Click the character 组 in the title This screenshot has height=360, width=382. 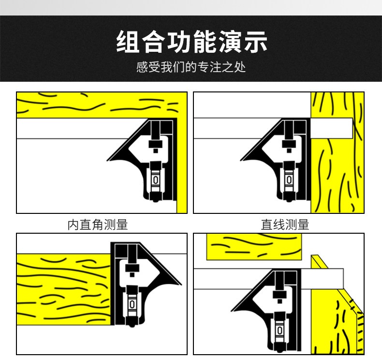point(128,42)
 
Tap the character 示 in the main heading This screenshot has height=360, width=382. point(255,42)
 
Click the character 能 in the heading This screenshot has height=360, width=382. point(204,42)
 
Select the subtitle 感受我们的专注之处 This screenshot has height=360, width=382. point(191,67)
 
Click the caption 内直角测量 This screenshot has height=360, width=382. point(98,225)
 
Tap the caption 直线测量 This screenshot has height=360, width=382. point(285,225)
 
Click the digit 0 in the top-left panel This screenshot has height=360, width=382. point(156,180)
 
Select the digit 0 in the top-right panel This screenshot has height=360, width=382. point(289,180)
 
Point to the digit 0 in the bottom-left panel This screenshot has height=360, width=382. point(132,304)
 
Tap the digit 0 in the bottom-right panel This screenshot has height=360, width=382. point(279,330)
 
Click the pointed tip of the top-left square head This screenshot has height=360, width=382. point(107,160)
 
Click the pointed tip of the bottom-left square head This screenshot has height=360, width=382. point(181,285)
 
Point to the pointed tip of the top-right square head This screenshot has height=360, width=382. point(241,160)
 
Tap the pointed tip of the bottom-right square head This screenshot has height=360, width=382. point(231,311)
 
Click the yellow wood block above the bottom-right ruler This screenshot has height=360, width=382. point(254,247)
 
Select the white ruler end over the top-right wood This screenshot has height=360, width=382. point(332,128)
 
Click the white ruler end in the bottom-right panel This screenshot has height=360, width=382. point(322,279)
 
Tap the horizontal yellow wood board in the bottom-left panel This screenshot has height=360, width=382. point(64,289)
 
